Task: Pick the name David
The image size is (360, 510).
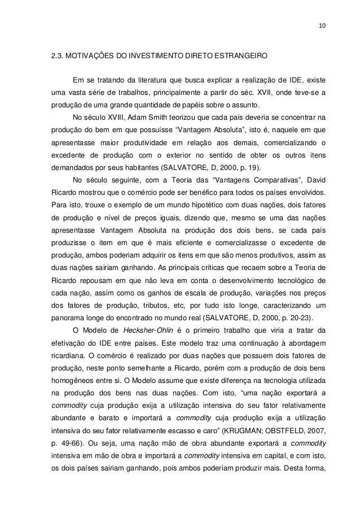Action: pos(315,182)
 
